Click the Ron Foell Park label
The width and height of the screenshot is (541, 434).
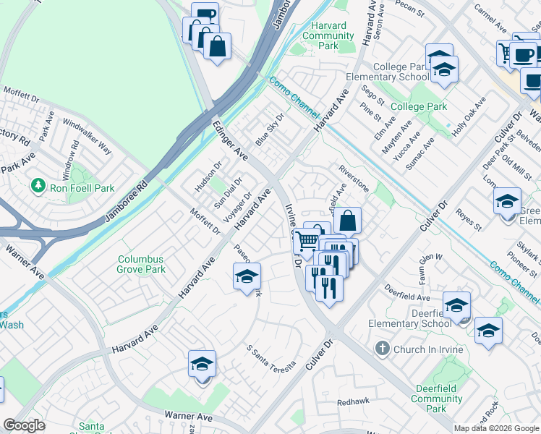82,187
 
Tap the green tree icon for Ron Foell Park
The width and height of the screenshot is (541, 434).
38,187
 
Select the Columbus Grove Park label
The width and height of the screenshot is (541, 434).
142,264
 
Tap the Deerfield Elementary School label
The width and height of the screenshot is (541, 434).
409,318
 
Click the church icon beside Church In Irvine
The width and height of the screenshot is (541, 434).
383,349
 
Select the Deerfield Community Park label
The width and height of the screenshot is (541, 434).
436,399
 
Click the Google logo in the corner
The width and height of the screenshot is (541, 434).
25,425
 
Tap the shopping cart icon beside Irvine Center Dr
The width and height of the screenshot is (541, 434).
307,240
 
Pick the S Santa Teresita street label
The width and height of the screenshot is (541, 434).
271,358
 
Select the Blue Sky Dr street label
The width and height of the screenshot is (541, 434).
270,129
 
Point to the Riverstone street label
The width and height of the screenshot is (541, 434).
354,179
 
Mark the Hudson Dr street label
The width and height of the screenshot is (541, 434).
208,177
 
